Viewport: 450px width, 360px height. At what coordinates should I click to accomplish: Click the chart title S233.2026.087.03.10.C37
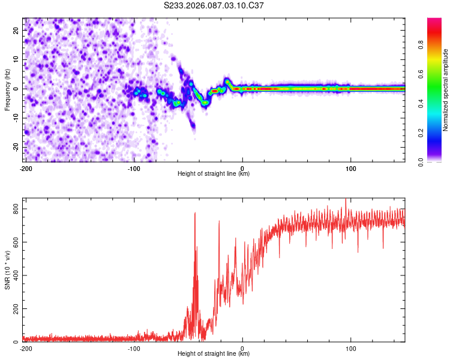pyautogui.click(x=214, y=6)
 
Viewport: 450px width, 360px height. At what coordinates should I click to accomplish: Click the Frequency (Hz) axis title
pyautogui.click(x=7, y=90)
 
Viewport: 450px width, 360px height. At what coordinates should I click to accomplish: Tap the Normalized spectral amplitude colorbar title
pyautogui.click(x=445, y=90)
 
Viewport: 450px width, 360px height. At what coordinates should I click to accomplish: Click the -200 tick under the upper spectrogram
pyautogui.click(x=26, y=168)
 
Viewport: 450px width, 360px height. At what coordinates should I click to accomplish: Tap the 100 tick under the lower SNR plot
pyautogui.click(x=350, y=348)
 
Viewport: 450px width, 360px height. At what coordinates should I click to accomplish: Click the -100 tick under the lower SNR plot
pyautogui.click(x=134, y=348)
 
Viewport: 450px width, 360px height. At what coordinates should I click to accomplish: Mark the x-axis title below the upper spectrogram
pyautogui.click(x=214, y=174)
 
